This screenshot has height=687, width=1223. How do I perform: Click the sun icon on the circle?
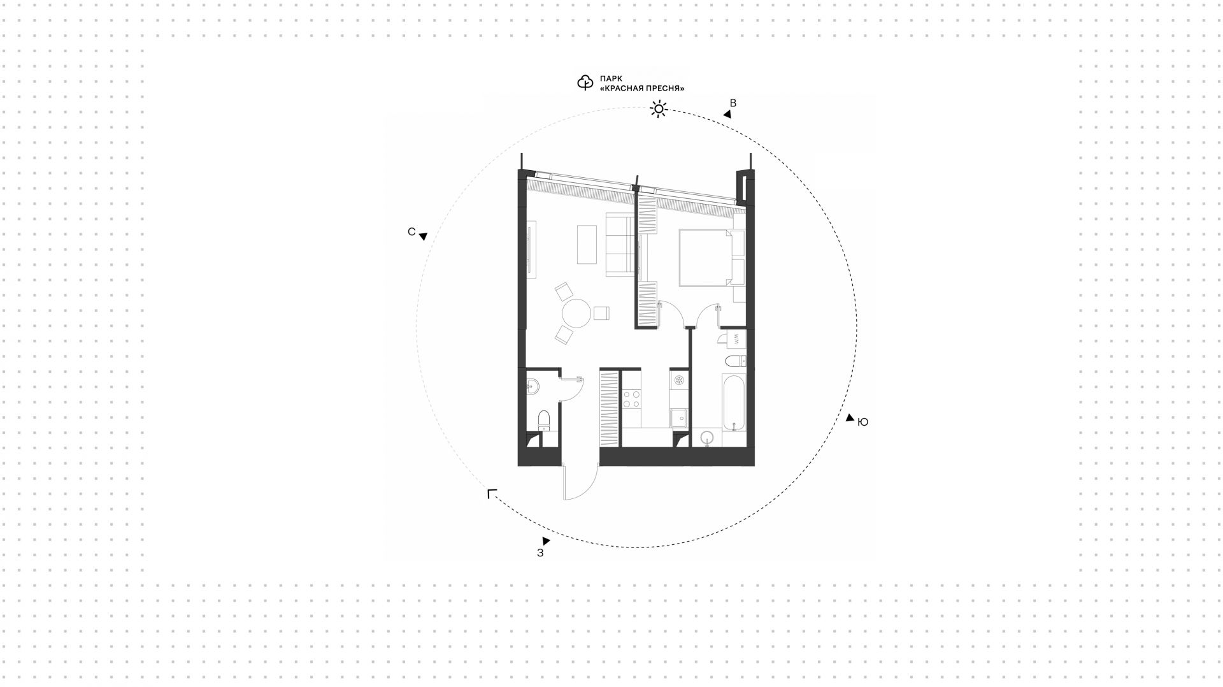[x=658, y=110]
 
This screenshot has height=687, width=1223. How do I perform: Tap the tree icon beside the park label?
[x=585, y=83]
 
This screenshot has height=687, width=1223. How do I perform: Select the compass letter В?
[x=733, y=103]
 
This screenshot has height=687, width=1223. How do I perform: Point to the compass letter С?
[x=411, y=232]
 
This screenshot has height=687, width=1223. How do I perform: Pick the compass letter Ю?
[x=863, y=422]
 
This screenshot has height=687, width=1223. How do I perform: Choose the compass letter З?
[x=540, y=553]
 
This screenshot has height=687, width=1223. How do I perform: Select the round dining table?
[x=577, y=314]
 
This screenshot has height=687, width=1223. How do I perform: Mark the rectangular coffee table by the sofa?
[x=587, y=244]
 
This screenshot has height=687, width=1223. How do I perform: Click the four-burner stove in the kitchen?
[x=632, y=399]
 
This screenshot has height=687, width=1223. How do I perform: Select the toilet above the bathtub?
[x=735, y=361]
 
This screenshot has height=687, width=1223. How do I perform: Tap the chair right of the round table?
[x=602, y=313]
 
